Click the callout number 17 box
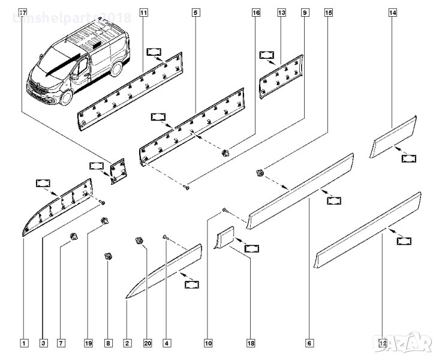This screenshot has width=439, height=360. tap(23, 11)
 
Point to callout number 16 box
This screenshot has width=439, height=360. tap(255, 11)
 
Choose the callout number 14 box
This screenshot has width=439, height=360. tap(393, 11)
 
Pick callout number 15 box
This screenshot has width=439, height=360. tap(328, 11)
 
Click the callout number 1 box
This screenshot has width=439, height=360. tap(23, 344)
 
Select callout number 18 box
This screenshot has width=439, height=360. tap(251, 344)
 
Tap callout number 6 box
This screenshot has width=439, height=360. tap(309, 344)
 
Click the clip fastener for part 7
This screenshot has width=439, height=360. tap(75, 235)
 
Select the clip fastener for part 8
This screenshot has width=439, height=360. tap(109, 257)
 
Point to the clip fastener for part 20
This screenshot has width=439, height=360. tap(139, 241)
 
